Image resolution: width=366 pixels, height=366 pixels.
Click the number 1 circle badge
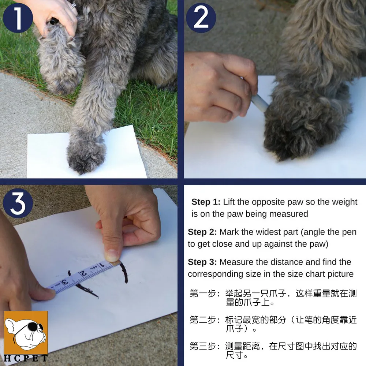[x=18, y=18]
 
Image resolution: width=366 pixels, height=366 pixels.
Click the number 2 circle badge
[x=201, y=18]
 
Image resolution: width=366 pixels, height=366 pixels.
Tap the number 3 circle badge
[x=18, y=203]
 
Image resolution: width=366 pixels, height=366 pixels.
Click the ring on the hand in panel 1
[x=73, y=6]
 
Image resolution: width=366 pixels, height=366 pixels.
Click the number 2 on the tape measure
[x=83, y=273]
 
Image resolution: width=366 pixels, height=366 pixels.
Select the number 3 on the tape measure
[x=65, y=282]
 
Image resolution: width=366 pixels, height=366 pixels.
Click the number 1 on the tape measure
[x=102, y=265]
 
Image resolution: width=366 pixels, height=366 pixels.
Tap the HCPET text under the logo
[x=26, y=358]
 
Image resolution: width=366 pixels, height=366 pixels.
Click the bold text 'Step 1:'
[x=206, y=202]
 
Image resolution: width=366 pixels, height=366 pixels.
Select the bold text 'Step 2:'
[x=202, y=232]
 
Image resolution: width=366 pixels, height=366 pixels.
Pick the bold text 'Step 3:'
[x=202, y=262]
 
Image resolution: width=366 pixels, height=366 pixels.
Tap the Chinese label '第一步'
[x=203, y=294]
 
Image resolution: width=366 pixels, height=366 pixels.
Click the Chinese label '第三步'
[x=203, y=346]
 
